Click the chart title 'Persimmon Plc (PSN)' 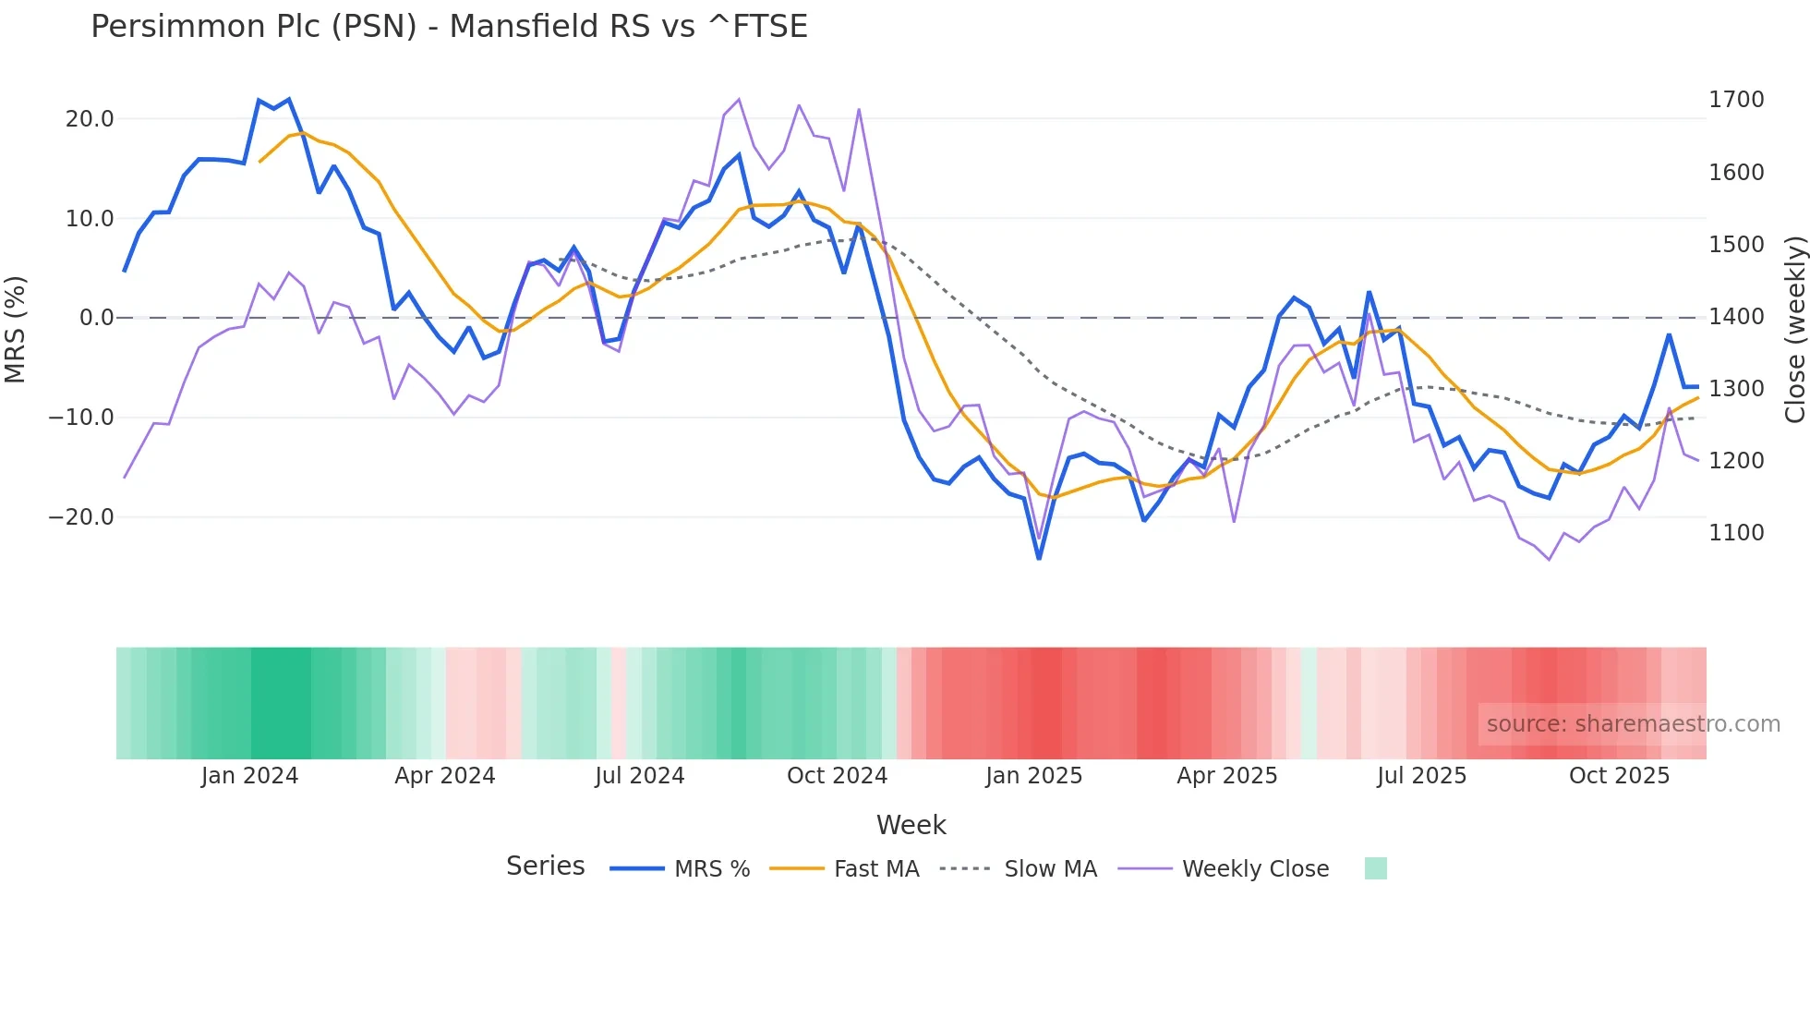[449, 27]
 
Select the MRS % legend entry [711, 869]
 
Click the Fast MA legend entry [875, 869]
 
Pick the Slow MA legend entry [1050, 869]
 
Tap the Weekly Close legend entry [1255, 869]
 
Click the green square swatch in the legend [1375, 868]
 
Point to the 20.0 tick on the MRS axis [90, 119]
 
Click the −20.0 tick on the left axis [81, 517]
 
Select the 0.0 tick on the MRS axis [97, 318]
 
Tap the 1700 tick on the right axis [1736, 100]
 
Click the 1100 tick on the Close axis [1736, 533]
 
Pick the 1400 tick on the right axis [1736, 317]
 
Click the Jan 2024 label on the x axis [249, 776]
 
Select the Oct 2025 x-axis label [1619, 776]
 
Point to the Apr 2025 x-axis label [1226, 776]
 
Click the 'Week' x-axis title [911, 825]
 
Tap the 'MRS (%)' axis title [16, 329]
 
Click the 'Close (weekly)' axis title [1794, 330]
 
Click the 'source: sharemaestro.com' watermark [1633, 724]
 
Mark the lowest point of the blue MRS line [1039, 558]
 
